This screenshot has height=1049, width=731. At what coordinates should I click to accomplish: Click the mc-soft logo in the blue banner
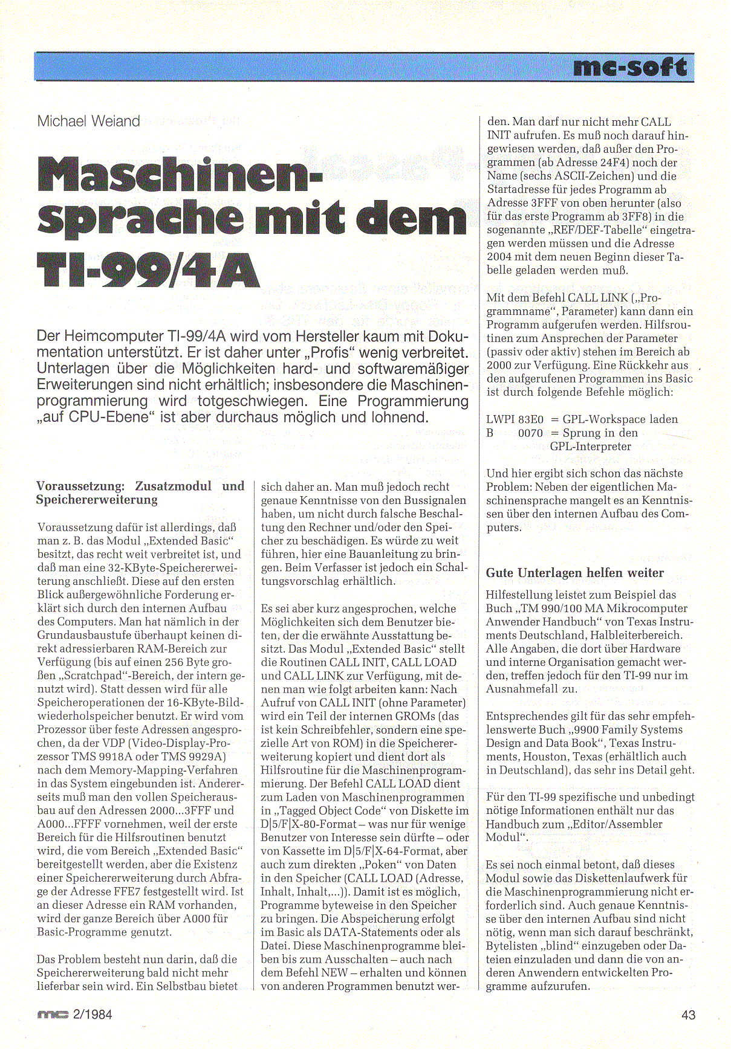629,67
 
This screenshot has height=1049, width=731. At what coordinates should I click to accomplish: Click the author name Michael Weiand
88,121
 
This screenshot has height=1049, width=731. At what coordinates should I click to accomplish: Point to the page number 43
688,1015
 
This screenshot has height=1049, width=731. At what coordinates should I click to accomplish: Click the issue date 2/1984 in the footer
92,1015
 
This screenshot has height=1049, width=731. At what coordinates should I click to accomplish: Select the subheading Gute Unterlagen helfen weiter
574,573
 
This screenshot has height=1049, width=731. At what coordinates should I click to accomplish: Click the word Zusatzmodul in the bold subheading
173,486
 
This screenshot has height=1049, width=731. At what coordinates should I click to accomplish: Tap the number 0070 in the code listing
530,433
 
